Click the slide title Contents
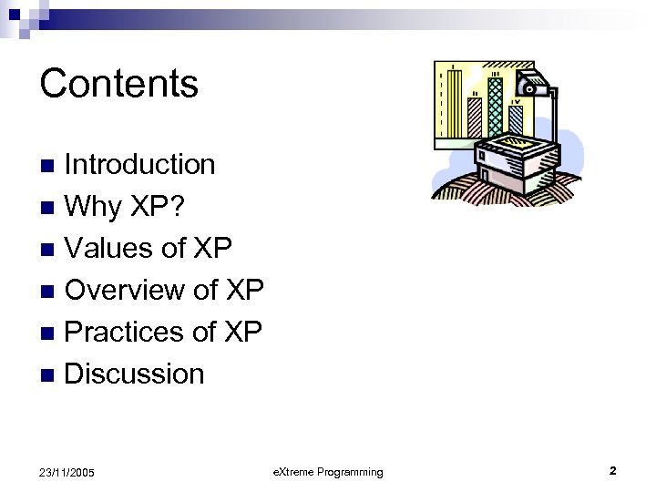click(x=118, y=84)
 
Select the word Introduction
click(x=140, y=165)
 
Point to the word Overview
click(x=126, y=291)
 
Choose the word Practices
click(x=125, y=333)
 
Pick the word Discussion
click(x=135, y=374)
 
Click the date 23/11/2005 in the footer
click(x=67, y=472)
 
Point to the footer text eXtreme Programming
click(x=328, y=472)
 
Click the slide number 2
click(x=612, y=471)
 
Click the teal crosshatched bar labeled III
click(x=496, y=105)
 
